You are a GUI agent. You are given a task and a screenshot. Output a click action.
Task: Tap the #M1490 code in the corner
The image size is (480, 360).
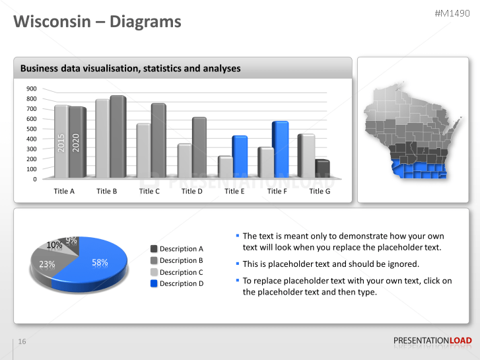(x=453, y=14)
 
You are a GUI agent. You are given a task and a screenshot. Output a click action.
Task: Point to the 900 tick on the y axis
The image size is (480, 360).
(x=32, y=89)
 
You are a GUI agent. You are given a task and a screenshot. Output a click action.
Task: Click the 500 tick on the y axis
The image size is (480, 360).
(x=32, y=129)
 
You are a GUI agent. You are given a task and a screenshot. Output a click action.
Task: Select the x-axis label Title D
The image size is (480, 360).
(x=191, y=192)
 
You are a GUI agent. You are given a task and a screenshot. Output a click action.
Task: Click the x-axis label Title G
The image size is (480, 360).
(x=320, y=192)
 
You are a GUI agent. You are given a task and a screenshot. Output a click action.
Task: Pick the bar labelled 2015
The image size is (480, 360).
(x=61, y=141)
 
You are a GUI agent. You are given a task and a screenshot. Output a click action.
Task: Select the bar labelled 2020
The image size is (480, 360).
(x=77, y=142)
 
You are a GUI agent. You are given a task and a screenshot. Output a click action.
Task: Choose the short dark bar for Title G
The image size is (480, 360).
(x=322, y=169)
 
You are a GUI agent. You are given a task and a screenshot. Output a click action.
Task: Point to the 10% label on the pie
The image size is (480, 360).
(x=54, y=245)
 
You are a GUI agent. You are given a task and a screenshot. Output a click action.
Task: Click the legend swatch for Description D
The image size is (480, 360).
(x=154, y=283)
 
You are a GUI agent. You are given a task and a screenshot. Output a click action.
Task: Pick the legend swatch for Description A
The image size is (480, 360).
(x=154, y=249)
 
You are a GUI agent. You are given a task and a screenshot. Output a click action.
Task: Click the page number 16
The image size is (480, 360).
(x=22, y=342)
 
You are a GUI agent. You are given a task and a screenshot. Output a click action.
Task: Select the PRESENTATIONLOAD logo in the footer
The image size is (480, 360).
(x=432, y=341)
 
